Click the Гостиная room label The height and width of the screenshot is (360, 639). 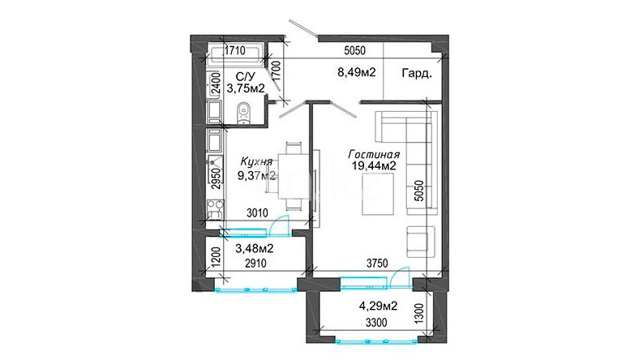(374, 155)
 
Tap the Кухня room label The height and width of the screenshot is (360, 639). (256, 161)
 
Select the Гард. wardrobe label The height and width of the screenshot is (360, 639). (417, 74)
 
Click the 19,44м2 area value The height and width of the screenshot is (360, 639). (374, 166)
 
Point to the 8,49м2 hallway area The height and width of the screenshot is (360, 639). (356, 73)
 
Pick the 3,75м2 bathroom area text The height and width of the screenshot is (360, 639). (246, 88)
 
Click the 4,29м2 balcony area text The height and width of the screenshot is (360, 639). (378, 306)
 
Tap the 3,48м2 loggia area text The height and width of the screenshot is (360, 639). (255, 248)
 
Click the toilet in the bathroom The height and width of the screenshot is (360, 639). (244, 112)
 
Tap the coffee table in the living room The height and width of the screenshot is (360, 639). (378, 194)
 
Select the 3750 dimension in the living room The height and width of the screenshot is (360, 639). (377, 264)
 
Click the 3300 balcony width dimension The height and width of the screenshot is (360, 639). (376, 324)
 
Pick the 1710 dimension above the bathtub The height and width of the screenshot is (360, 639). (235, 50)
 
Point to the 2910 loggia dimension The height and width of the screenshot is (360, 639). (255, 264)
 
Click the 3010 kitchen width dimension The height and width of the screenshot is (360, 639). (257, 212)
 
